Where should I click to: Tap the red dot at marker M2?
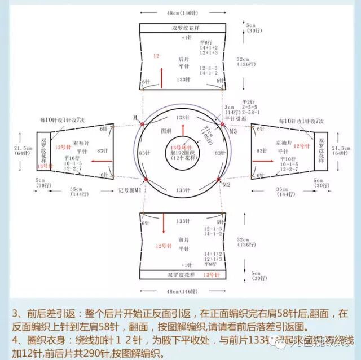(x=219, y=180)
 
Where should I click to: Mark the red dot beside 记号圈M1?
(x=146, y=180)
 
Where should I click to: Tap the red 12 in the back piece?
(x=156, y=56)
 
